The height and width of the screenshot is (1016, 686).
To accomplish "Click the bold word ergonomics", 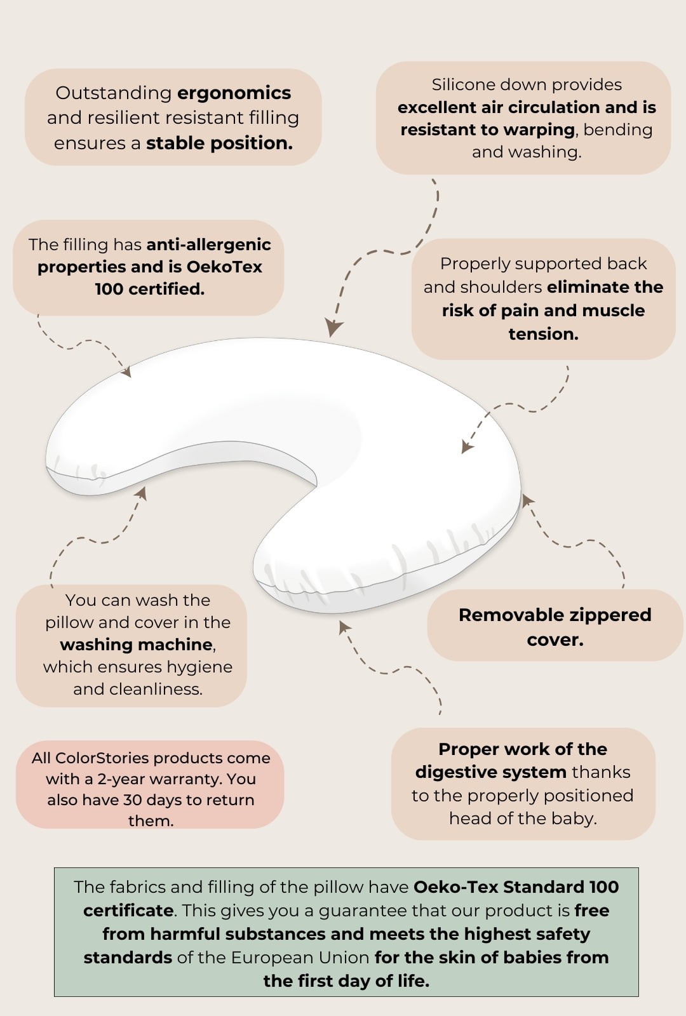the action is click(234, 94).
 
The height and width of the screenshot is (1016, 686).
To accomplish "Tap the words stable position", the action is click(219, 144).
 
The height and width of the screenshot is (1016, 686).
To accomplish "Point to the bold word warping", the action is click(539, 131).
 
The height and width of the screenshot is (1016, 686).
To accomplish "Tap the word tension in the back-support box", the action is click(543, 334).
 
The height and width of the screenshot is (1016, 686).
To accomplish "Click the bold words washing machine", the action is click(136, 645).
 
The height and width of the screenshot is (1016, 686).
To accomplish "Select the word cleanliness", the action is click(156, 689).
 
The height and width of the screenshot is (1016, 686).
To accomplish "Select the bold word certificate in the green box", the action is click(128, 911).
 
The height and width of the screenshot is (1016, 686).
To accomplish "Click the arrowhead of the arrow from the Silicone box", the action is click(333, 328).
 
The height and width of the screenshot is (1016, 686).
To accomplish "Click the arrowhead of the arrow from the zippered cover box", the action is click(527, 500).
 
